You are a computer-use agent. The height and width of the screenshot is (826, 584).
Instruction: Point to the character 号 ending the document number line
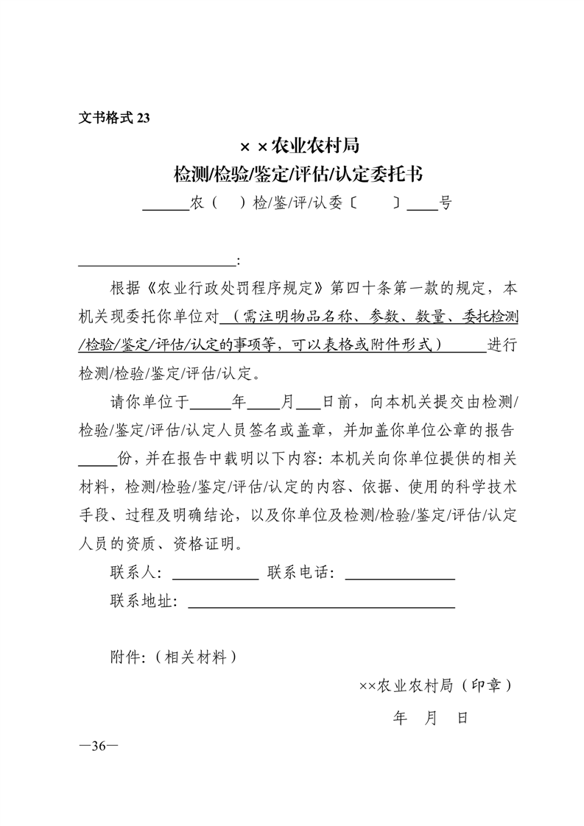[446, 203]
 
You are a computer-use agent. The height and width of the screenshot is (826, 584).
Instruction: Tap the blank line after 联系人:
[215, 579]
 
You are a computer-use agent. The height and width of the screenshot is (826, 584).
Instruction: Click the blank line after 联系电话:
[400, 579]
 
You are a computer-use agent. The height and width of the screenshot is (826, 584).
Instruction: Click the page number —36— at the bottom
[98, 746]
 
